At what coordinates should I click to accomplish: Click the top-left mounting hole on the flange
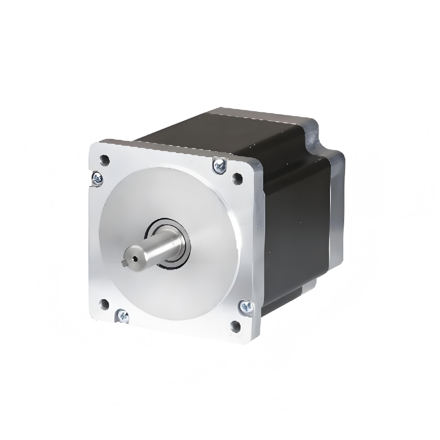pyautogui.click(x=105, y=161)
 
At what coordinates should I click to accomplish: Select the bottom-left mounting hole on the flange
pyautogui.click(x=104, y=303)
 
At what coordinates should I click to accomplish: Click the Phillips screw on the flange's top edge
pyautogui.click(x=219, y=166)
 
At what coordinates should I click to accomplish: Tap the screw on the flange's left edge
pyautogui.click(x=96, y=178)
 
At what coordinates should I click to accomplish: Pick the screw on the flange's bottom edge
pyautogui.click(x=123, y=315)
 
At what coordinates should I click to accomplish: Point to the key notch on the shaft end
pyautogui.click(x=127, y=262)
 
